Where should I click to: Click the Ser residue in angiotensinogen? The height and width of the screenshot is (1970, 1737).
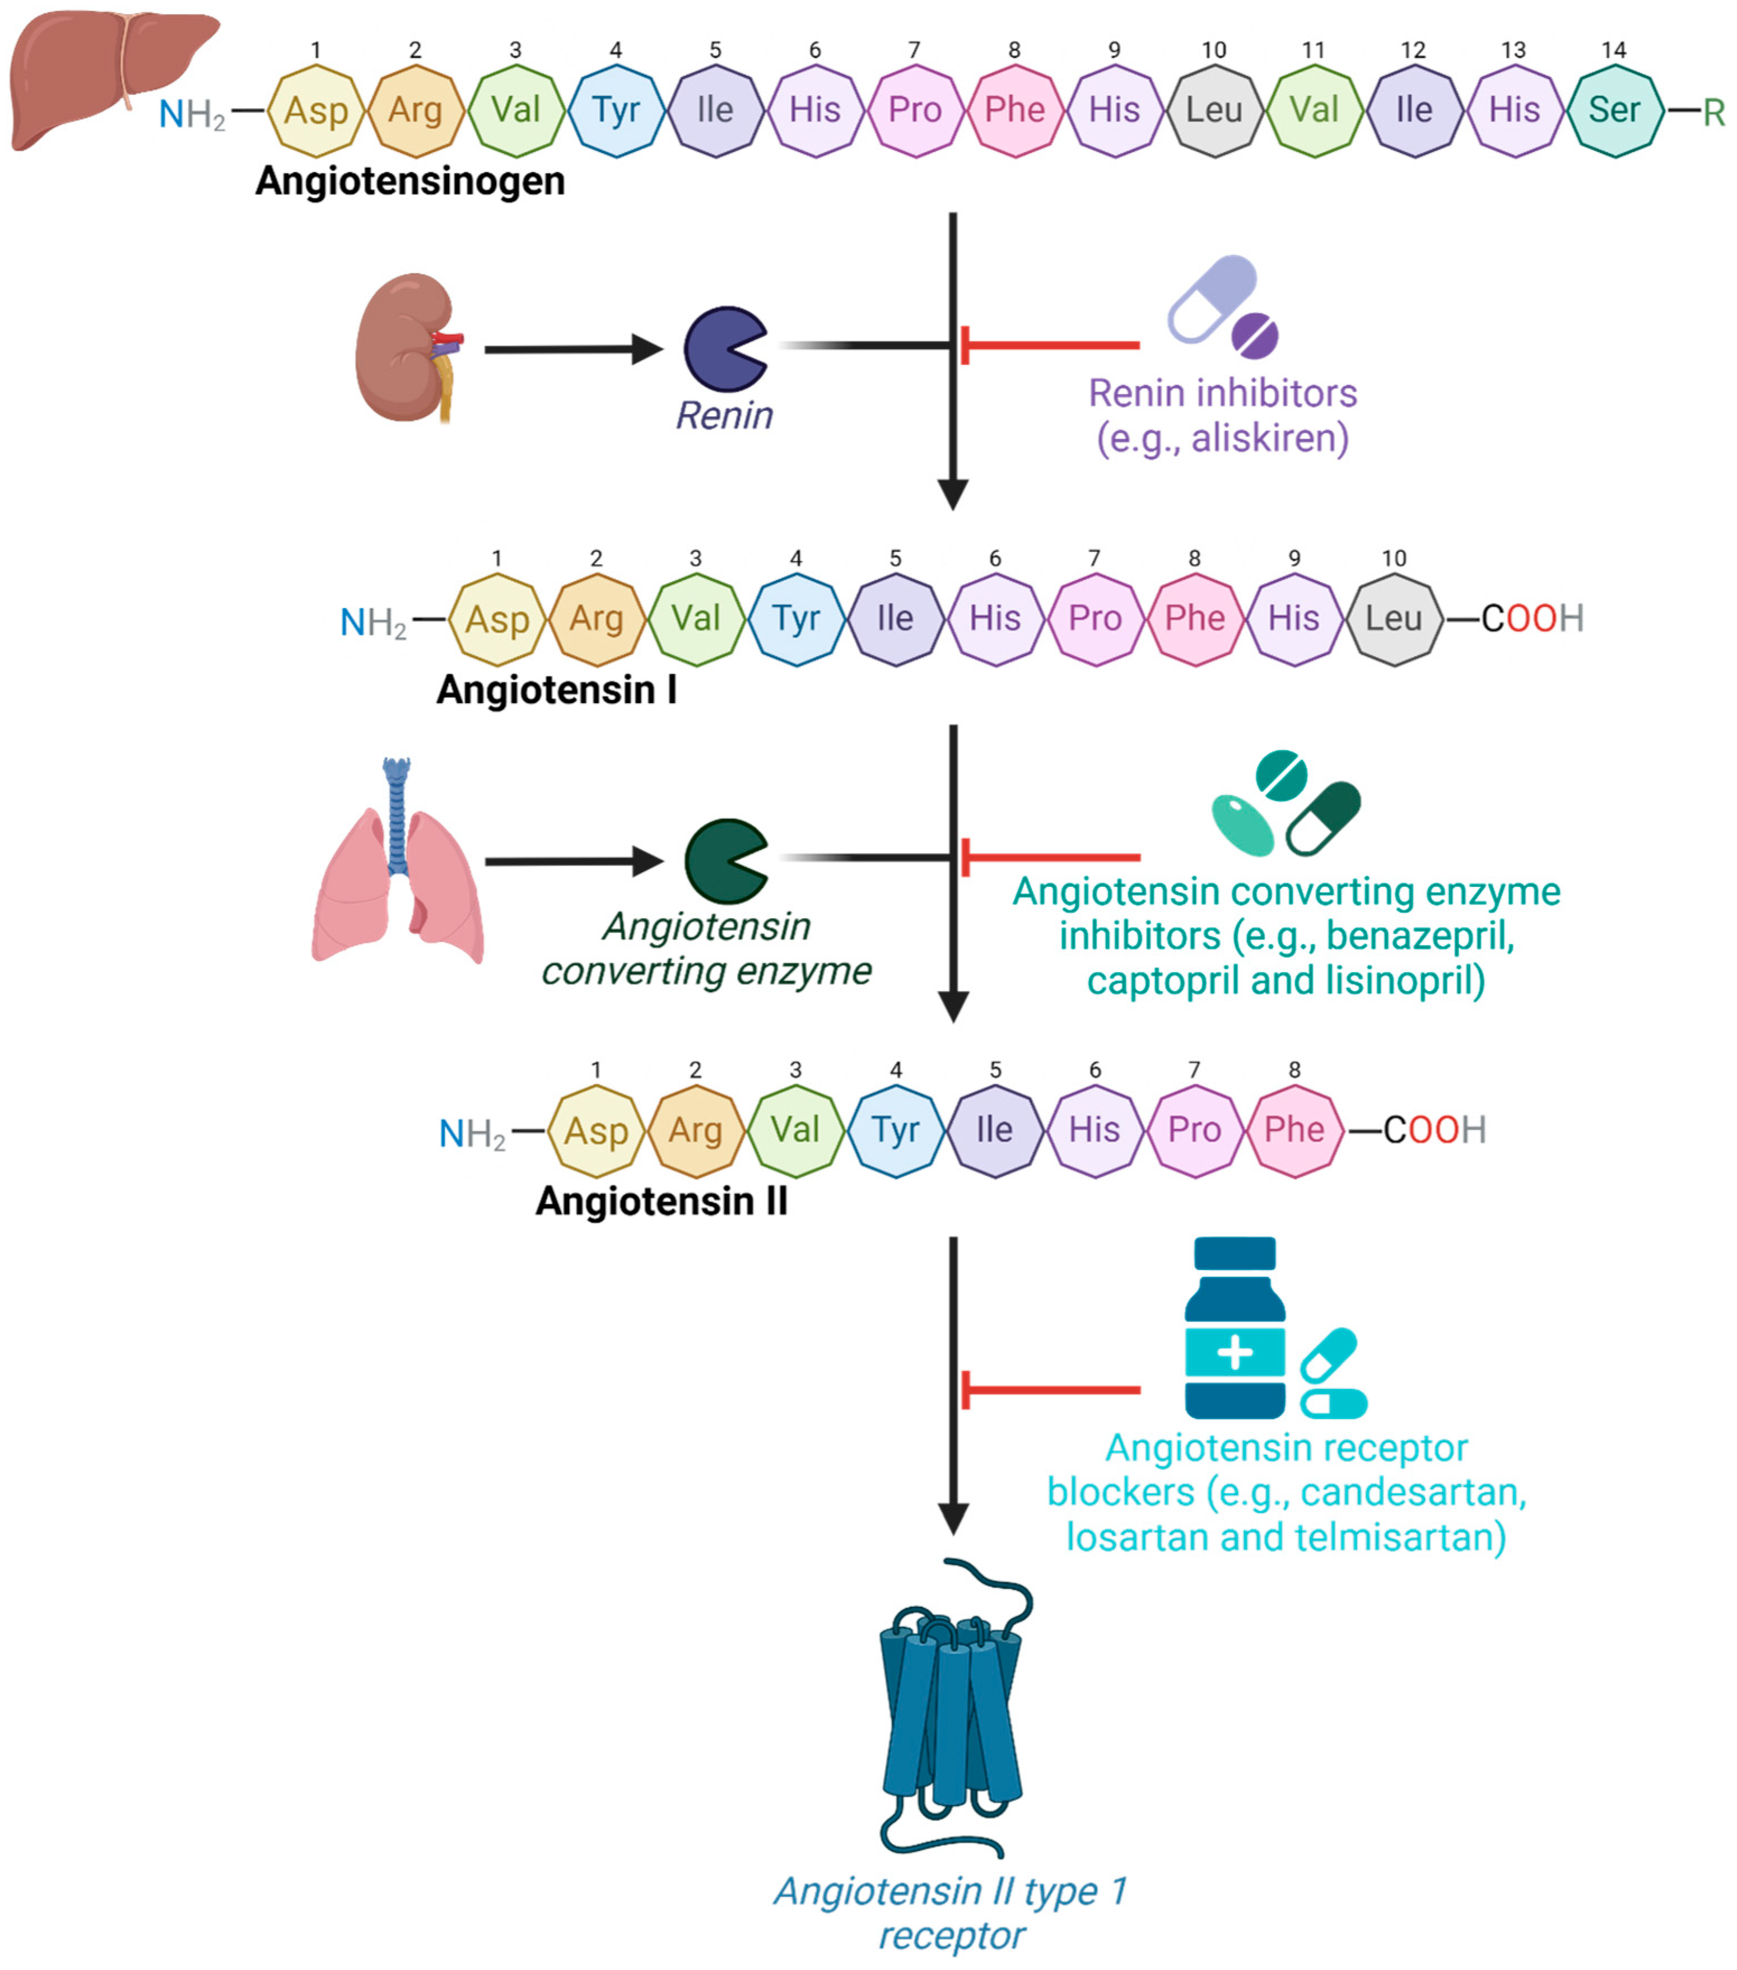(1614, 110)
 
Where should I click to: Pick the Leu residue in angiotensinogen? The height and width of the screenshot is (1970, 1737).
(1214, 110)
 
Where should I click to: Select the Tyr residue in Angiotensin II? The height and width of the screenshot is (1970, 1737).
(896, 1130)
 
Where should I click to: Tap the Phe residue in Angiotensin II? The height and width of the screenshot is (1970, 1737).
(1294, 1130)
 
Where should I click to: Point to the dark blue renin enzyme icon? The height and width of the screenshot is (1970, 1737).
(725, 349)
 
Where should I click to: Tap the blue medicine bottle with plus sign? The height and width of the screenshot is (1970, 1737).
(1235, 1327)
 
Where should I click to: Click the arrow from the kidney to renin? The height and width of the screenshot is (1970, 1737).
(574, 349)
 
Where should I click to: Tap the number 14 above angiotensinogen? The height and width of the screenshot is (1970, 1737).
(1614, 50)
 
